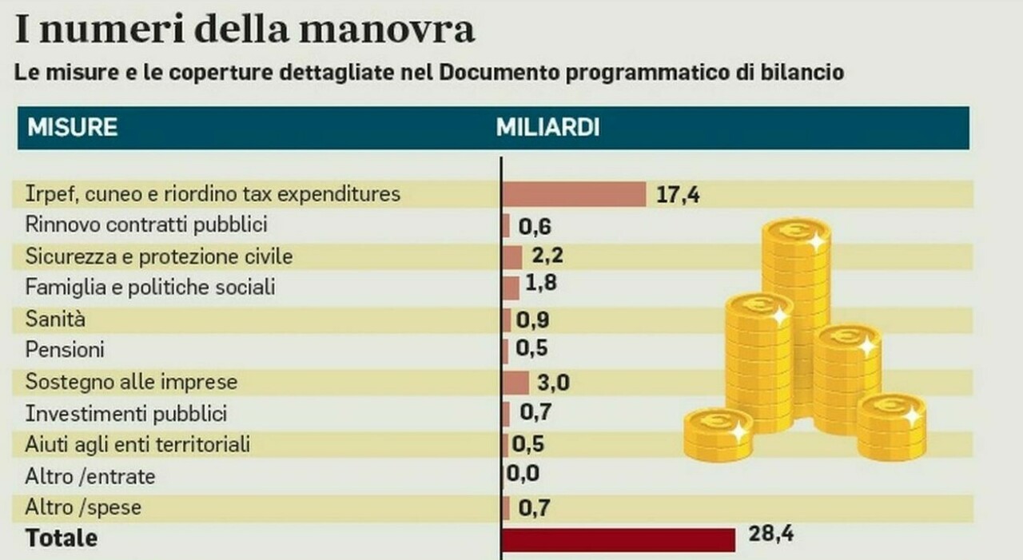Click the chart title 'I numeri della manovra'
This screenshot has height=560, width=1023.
click(245, 29)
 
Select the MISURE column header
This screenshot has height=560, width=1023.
click(73, 128)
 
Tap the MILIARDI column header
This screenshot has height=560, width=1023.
click(547, 128)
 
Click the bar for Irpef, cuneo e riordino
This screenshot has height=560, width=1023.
click(574, 194)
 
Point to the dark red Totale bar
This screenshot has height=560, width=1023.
click(619, 539)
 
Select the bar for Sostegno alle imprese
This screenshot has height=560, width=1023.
click(516, 383)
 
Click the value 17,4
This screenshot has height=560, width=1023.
click(678, 195)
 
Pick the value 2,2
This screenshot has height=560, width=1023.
click(550, 256)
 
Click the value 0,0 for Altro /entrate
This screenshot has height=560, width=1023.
click(523, 474)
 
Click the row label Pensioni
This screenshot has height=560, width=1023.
click(65, 351)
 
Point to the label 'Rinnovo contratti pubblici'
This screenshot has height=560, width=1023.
click(146, 225)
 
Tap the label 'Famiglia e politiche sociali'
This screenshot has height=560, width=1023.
click(150, 287)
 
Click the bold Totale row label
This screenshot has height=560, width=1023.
click(62, 538)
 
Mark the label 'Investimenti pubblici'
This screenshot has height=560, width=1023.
click(126, 414)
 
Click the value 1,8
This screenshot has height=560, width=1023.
click(541, 284)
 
